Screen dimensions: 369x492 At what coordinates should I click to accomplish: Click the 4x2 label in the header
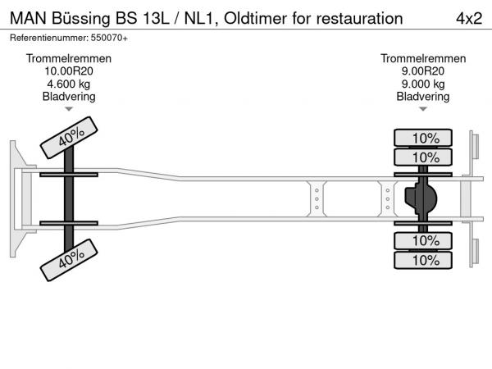pyautogui.click(x=468, y=17)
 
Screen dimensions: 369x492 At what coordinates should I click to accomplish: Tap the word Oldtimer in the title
pyautogui.click(x=255, y=17)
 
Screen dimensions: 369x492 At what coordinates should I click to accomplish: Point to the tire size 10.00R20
pyautogui.click(x=69, y=71)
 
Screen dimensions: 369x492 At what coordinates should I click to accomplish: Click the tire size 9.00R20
pyautogui.click(x=423, y=71)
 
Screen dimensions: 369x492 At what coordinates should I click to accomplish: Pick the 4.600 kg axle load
pyautogui.click(x=69, y=84)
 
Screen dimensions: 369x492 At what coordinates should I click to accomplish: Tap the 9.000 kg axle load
pyautogui.click(x=423, y=84)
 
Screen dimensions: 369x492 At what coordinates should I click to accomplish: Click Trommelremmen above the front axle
pyautogui.click(x=69, y=59)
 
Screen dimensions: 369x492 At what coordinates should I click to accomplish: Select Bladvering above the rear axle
pyautogui.click(x=423, y=96)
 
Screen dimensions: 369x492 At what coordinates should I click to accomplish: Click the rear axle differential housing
pyautogui.click(x=421, y=199)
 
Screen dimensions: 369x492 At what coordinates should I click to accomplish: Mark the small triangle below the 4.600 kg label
pyautogui.click(x=69, y=109)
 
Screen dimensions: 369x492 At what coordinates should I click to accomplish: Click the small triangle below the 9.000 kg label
pyautogui.click(x=423, y=109)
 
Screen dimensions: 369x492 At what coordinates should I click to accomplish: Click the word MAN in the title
pyautogui.click(x=27, y=17)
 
